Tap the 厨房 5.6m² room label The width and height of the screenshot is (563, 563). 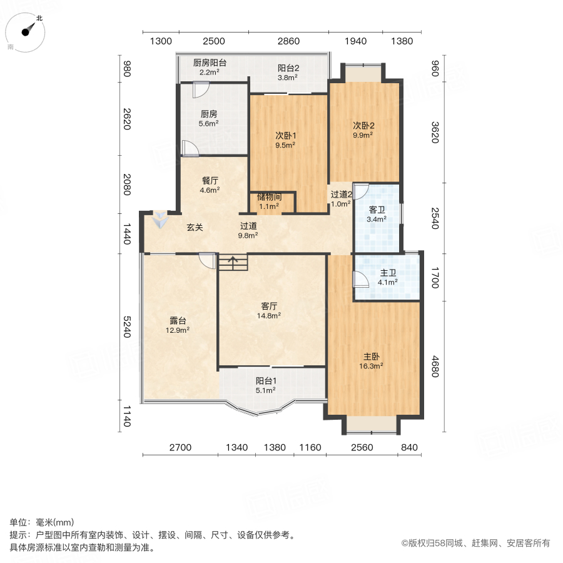point(209,119)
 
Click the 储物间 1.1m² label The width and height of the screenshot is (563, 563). point(270,201)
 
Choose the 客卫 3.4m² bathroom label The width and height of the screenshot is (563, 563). point(376,214)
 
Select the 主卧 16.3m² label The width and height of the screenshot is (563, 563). point(373,362)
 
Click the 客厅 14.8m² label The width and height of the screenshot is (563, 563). point(270,310)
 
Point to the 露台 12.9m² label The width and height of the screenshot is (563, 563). point(178,325)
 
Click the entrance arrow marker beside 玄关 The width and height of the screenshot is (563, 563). point(161,220)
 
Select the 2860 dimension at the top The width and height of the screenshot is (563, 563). point(289,41)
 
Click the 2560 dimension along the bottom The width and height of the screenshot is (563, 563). point(362,447)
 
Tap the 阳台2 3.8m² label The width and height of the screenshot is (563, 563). point(288,73)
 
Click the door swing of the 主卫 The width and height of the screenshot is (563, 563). point(360,278)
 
